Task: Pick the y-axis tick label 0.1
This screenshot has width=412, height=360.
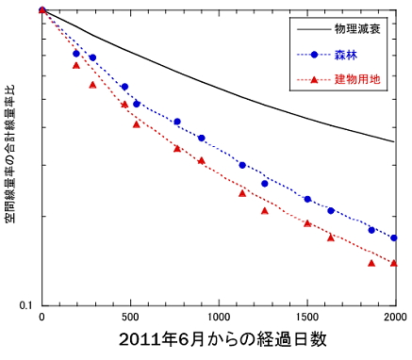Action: pos(25,304)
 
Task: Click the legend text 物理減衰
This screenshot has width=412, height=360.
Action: pos(359,31)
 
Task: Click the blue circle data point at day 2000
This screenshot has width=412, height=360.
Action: pos(394,238)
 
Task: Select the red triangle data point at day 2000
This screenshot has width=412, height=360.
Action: pos(394,263)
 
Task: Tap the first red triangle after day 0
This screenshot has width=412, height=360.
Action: pos(75,65)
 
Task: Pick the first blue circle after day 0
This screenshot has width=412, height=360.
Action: pos(76,54)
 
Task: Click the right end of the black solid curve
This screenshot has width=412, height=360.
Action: pos(394,142)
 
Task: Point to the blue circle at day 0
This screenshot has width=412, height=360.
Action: pos(42,10)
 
